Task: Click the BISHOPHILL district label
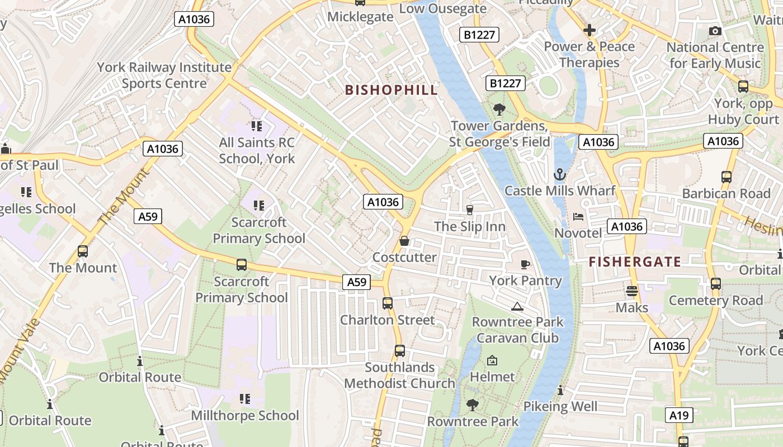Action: tap(391, 90)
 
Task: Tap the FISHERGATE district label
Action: tap(635, 262)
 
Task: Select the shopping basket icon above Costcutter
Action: tap(404, 241)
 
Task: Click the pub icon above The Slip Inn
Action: tap(470, 210)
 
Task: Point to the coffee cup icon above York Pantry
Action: tap(525, 264)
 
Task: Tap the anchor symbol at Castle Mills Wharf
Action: tap(559, 175)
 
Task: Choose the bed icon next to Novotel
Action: tap(578, 216)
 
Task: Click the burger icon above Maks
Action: tap(632, 291)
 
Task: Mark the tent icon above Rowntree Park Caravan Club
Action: tap(517, 306)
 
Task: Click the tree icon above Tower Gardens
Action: tap(499, 110)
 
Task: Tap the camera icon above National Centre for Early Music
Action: tap(715, 31)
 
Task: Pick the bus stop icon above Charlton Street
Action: tap(387, 303)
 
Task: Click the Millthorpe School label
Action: tap(245, 416)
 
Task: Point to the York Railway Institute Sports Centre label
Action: tap(164, 75)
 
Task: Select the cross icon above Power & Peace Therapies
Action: tap(589, 30)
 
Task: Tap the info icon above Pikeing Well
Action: tap(560, 390)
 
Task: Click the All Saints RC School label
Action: tap(257, 150)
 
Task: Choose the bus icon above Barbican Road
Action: tap(726, 177)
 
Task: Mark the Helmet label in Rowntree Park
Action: tap(492, 377)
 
